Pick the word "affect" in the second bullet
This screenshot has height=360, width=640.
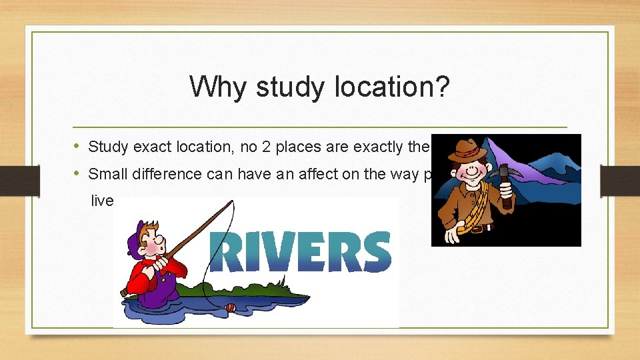tap(309, 175)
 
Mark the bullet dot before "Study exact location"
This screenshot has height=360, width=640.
tap(77, 146)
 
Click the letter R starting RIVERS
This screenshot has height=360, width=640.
tap(227, 251)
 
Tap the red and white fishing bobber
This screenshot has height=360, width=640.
tap(231, 308)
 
